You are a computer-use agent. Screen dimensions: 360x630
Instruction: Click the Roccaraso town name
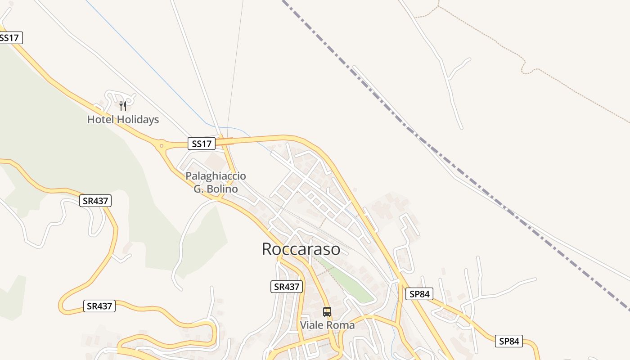[x=301, y=249]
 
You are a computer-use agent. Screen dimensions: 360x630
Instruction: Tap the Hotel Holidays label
[x=123, y=119]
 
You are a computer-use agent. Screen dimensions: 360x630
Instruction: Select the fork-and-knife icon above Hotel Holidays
[x=123, y=106]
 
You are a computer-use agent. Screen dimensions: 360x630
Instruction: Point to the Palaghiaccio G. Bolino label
[x=216, y=182]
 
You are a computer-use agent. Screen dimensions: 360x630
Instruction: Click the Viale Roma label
[x=327, y=325]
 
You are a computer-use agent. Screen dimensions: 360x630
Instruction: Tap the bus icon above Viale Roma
[x=327, y=311]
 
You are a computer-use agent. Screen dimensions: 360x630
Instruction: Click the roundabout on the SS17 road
[x=161, y=146]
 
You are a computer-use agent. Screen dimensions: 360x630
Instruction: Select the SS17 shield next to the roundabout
[x=201, y=144]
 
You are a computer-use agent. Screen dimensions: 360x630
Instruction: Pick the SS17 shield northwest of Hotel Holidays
[x=10, y=38]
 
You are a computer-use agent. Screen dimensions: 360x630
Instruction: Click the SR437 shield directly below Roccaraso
[x=287, y=287]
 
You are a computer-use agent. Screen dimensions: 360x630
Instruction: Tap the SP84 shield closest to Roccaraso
[x=419, y=294]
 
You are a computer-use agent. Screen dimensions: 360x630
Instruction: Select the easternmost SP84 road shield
[x=509, y=341]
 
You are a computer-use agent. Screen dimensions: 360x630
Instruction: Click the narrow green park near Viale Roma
[x=349, y=280]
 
